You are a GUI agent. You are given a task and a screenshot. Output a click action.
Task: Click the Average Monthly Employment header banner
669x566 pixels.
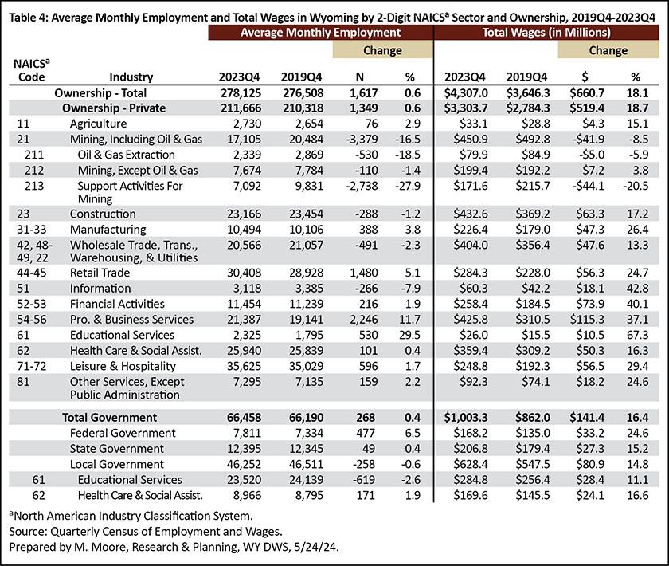point(320,33)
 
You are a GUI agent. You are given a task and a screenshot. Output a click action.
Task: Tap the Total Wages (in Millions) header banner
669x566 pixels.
point(546,33)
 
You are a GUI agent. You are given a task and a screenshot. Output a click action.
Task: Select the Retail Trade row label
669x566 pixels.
point(100,273)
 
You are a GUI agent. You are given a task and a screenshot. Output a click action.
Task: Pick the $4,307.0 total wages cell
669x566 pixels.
point(466,92)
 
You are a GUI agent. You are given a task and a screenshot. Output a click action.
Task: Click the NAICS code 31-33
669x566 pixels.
point(32,230)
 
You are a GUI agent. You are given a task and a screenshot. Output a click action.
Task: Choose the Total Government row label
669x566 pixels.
point(110,418)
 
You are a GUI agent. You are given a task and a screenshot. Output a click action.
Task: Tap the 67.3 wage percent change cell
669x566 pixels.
point(637,335)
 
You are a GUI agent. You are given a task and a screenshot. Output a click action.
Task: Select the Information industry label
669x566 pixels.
point(100,289)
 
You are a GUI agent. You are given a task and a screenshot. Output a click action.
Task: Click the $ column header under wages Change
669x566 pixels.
point(585,77)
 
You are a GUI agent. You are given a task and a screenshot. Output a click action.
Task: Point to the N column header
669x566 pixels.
point(360,77)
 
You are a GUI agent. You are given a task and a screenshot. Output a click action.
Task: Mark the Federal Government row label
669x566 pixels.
point(123,433)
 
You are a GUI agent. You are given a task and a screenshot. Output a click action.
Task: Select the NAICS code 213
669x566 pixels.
point(34,186)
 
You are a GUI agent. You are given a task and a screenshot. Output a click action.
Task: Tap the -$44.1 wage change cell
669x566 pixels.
point(589,186)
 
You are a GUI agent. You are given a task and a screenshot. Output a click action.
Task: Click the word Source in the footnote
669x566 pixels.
point(28,532)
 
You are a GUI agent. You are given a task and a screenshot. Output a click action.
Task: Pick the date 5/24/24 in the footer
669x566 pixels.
point(316,547)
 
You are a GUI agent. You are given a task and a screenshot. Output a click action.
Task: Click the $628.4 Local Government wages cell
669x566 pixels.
point(471,464)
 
